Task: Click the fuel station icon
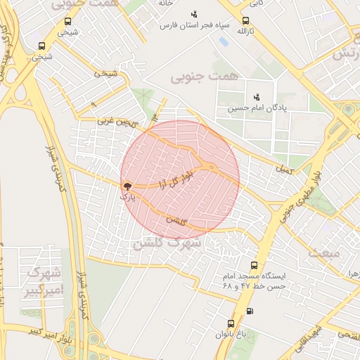250,311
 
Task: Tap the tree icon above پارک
127,187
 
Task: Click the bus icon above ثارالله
245,21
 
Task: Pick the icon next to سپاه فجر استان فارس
194,14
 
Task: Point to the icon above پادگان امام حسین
256,97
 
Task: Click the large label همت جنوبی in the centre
205,75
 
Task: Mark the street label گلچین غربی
115,122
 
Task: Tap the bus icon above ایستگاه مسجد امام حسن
253,265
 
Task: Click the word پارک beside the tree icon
127,198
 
